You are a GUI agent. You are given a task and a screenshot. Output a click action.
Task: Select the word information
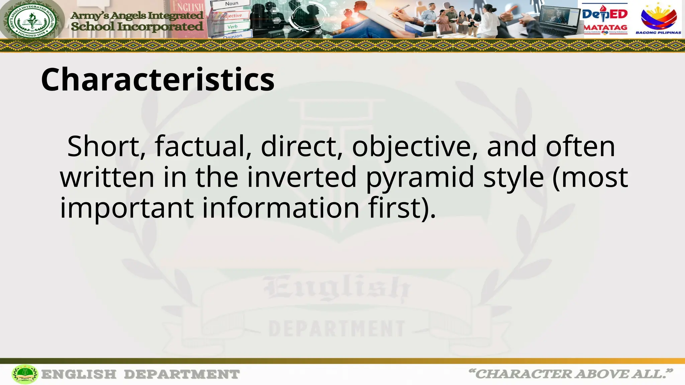click(281, 208)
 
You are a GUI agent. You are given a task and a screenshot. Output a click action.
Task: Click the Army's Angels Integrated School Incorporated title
click(137, 21)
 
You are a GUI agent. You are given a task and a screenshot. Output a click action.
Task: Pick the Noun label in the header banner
click(231, 4)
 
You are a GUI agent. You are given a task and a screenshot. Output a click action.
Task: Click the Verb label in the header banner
click(232, 26)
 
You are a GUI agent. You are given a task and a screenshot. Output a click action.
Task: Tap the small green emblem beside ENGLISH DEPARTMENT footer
click(25, 374)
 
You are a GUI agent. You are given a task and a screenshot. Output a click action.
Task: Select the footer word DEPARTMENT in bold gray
click(182, 374)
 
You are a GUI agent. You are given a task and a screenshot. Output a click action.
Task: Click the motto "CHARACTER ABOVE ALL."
click(571, 374)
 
